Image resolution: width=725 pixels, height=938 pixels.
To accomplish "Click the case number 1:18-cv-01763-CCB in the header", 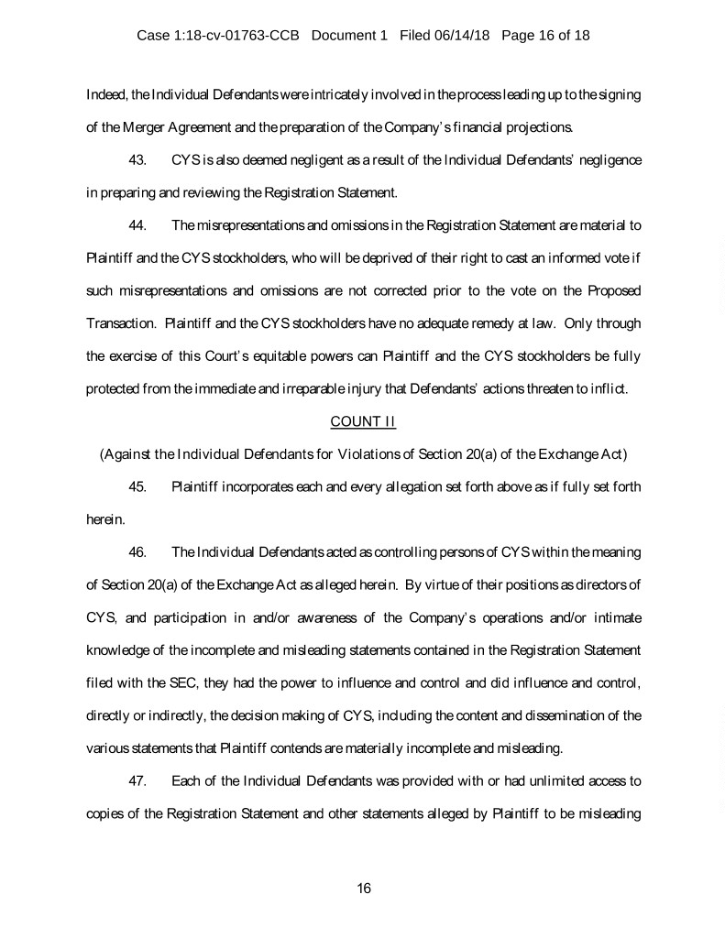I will click(x=240, y=37).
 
